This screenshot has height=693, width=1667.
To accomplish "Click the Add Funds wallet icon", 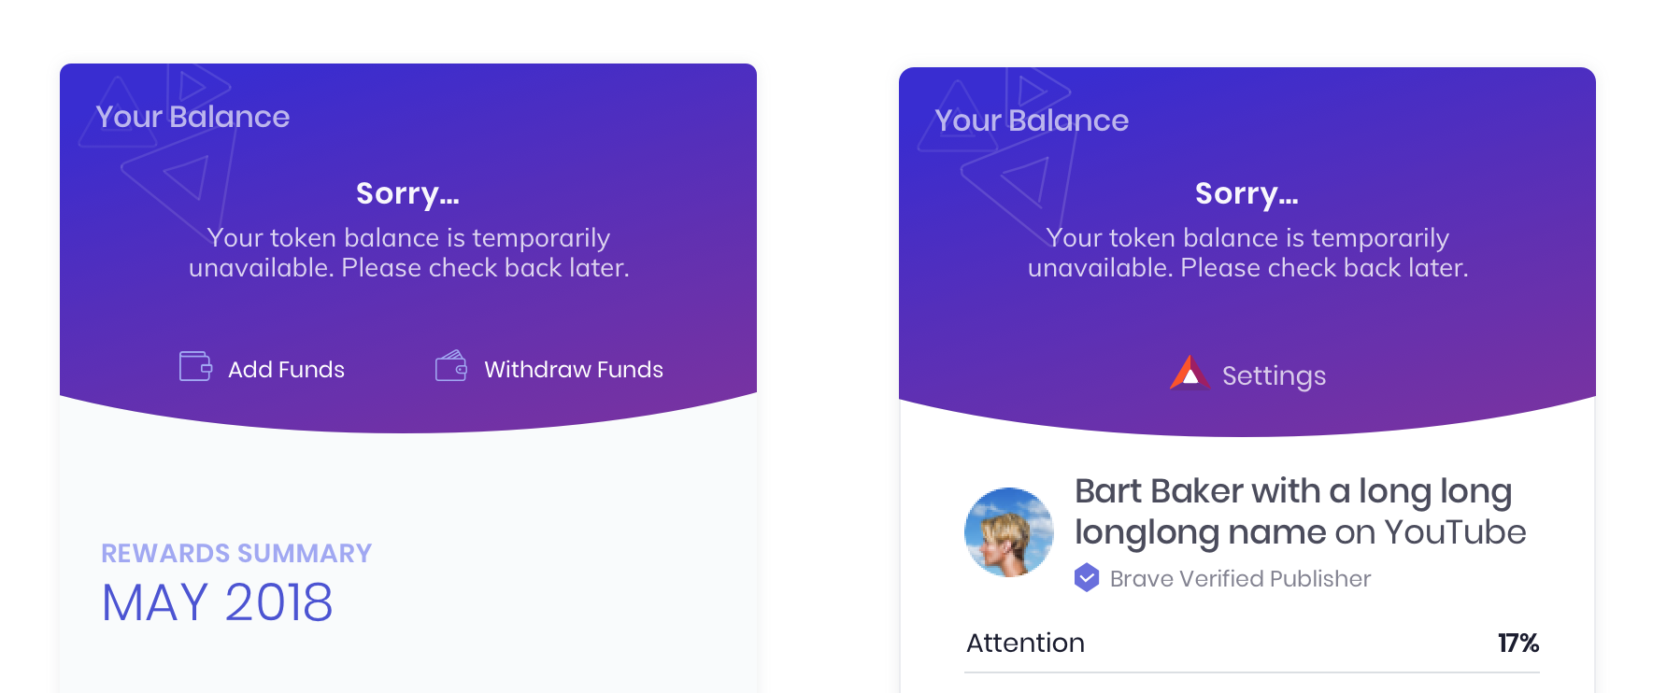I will pos(195,366).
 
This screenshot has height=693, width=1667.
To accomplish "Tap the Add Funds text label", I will pos(286,370).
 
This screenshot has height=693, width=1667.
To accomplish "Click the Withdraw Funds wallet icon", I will pos(451,366).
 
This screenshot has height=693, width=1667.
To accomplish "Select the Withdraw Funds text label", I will pos(573,370).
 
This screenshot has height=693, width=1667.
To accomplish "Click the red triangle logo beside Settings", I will pos(1190,373).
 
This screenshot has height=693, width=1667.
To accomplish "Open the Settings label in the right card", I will pos(1274,375).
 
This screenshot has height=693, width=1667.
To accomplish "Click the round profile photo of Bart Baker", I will pos(1009,532).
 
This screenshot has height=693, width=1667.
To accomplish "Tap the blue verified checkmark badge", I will pos(1087,578).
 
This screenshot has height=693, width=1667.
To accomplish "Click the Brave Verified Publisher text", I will pos(1240,579).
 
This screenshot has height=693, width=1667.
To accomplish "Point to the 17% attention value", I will pos(1517,643).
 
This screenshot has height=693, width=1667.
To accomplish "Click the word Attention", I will pos(1025,643).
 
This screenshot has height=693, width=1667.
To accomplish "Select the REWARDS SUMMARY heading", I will pos(236,554).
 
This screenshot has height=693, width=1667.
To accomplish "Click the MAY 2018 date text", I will pos(217,602).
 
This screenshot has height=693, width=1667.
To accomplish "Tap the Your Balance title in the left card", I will pos(192,117).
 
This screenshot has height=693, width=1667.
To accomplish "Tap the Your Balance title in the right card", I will pos(1032,120).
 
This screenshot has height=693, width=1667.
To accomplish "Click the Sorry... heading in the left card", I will pos(407,193).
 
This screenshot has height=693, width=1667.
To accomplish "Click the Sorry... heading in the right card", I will pos(1247,193).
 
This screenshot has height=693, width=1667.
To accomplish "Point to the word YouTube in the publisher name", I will pos(1455,532).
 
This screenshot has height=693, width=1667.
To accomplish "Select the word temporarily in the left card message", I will pos(541,238).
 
